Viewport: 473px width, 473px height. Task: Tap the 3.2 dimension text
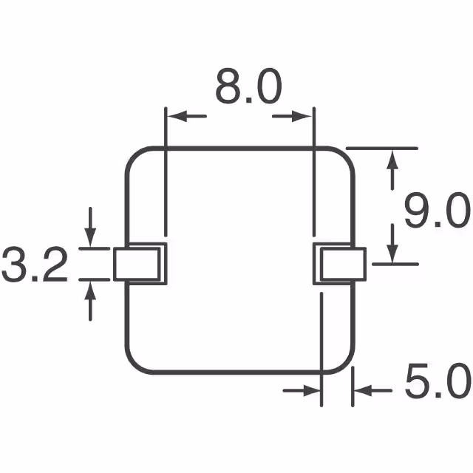coord(35,266)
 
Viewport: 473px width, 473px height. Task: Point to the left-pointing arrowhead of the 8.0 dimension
coord(174,116)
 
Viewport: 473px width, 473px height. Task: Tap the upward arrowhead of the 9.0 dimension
coord(392,157)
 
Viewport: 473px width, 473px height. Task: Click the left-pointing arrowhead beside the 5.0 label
coord(361,390)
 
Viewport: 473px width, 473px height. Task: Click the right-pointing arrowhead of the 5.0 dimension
coord(313,390)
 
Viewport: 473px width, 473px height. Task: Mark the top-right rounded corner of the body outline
coord(346,157)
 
